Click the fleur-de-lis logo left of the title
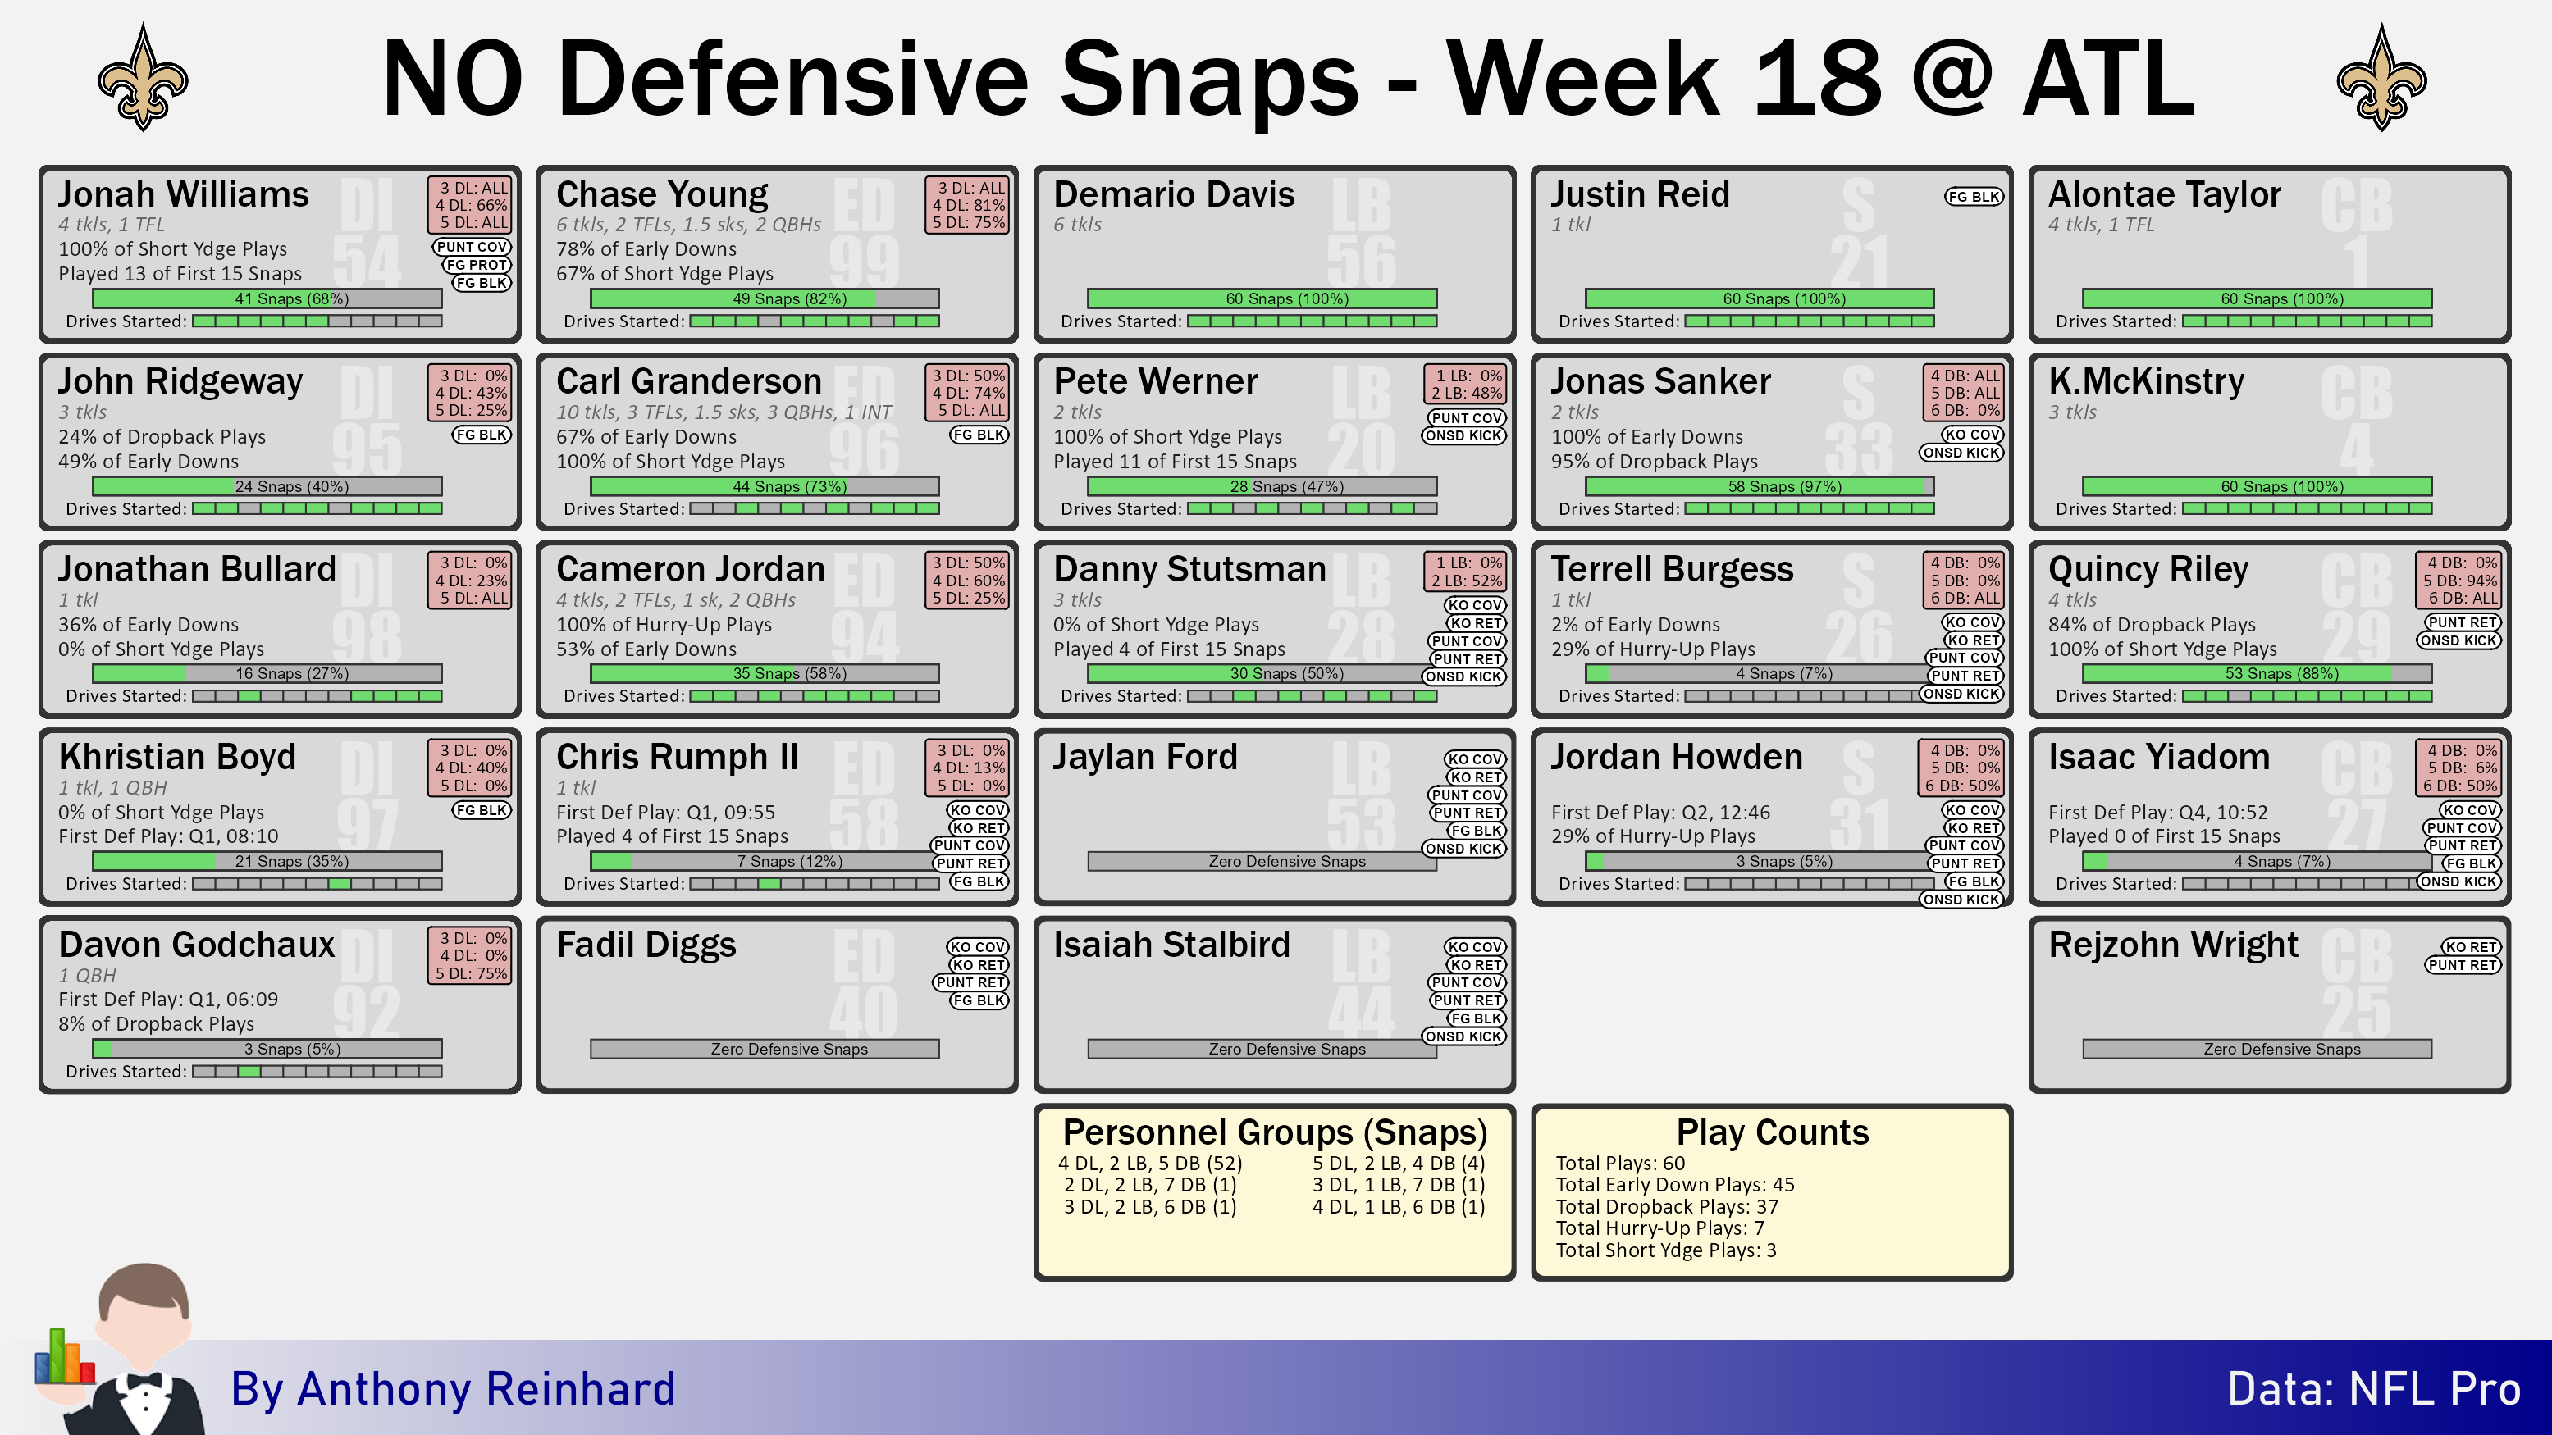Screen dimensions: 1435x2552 [x=143, y=80]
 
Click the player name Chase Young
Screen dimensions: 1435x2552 [x=662, y=194]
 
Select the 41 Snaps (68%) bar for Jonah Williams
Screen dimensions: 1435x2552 [x=267, y=298]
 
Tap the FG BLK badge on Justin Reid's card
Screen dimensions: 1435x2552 [x=1973, y=197]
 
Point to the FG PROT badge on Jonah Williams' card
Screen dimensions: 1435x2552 [x=477, y=264]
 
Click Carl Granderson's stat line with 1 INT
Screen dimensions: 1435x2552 [x=724, y=412]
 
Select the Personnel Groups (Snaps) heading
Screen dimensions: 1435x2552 [x=1274, y=1132]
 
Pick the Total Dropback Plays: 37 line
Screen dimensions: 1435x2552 [x=1666, y=1206]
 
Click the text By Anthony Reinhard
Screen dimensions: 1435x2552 [x=453, y=1388]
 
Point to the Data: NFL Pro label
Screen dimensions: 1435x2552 [x=2374, y=1388]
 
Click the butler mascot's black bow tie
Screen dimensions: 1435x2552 [x=144, y=1381]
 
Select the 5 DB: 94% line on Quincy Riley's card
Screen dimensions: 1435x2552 [x=2460, y=581]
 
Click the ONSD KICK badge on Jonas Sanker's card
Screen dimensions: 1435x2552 [x=1961, y=453]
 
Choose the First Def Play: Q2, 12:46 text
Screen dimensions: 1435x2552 [x=1659, y=812]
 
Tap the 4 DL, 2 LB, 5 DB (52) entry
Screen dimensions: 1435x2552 [x=1149, y=1163]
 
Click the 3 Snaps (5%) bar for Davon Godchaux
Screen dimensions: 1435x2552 [x=267, y=1049]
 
